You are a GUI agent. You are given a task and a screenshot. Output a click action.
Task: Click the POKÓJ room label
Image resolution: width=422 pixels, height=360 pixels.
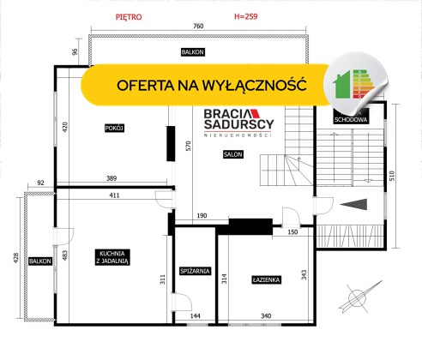(114, 128)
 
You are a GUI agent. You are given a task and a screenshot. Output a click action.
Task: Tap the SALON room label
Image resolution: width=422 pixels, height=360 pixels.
(233, 154)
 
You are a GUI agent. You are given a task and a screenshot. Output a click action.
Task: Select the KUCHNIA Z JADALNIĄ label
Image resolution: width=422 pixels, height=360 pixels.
(112, 257)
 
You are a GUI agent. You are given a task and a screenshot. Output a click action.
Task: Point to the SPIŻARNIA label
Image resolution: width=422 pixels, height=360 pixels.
(195, 271)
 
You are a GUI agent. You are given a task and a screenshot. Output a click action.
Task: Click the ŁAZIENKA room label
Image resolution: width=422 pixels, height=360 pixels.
(266, 279)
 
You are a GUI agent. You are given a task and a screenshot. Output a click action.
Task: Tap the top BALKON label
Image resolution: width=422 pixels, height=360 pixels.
(193, 52)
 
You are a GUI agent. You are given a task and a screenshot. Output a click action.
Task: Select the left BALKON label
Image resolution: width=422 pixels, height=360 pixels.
(40, 261)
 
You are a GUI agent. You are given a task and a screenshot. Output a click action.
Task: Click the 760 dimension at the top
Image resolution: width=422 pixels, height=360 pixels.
(198, 26)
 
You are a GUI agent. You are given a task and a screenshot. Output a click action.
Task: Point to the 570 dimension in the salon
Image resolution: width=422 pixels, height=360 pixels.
(189, 146)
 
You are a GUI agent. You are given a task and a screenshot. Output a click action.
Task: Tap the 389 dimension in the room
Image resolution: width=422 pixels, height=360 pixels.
(112, 178)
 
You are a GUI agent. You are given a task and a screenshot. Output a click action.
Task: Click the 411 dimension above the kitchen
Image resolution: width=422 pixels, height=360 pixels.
(114, 195)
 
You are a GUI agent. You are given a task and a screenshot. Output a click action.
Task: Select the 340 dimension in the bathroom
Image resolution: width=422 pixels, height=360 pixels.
(266, 315)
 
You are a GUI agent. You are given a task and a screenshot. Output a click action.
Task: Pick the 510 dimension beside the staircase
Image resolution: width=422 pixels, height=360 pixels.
(392, 176)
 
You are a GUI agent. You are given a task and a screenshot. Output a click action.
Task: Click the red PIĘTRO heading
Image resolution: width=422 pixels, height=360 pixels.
(129, 17)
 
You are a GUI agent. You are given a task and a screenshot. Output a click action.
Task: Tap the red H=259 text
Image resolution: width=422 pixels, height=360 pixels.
(246, 16)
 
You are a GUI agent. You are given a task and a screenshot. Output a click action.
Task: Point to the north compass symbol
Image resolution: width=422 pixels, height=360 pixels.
(360, 297)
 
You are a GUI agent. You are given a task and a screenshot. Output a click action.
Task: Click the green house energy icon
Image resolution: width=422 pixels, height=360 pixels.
(341, 85)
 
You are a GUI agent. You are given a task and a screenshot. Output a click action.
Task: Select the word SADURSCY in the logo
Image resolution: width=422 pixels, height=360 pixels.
(239, 124)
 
